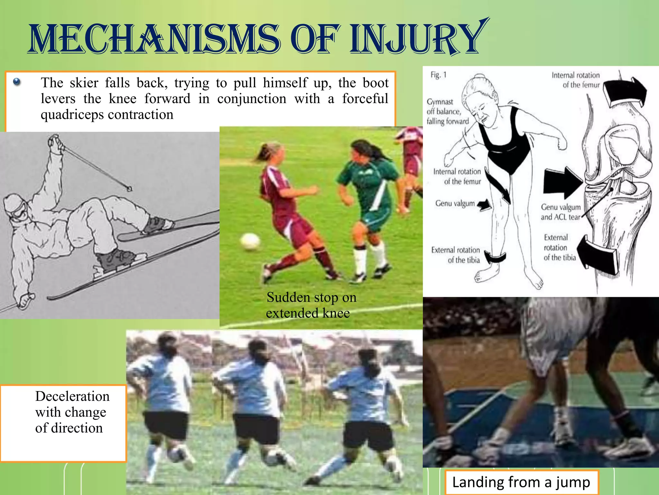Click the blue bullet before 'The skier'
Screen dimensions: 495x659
click(17, 82)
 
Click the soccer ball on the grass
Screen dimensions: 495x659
click(250, 241)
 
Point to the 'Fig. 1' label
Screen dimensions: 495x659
click(438, 75)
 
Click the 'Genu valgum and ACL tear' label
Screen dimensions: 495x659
click(561, 212)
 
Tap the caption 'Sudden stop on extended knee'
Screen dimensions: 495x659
click(311, 305)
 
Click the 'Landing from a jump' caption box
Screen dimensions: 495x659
click(521, 482)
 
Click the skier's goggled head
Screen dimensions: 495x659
click(16, 208)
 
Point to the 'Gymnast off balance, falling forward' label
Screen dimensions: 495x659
click(447, 112)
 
